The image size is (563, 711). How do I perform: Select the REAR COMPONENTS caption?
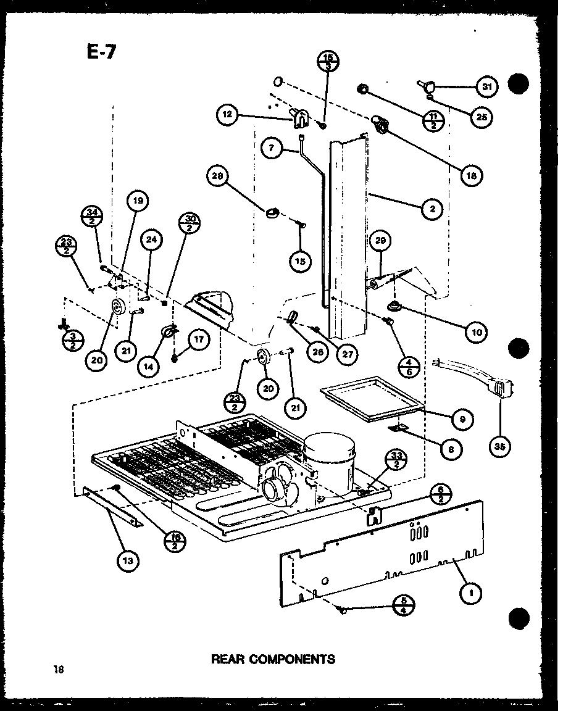point(273,659)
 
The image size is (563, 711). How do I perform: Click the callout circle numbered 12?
point(227,114)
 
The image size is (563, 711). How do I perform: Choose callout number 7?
point(272,148)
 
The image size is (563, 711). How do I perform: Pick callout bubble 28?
point(217,178)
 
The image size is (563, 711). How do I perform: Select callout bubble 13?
point(130,561)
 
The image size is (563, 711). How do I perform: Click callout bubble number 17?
point(199,340)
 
